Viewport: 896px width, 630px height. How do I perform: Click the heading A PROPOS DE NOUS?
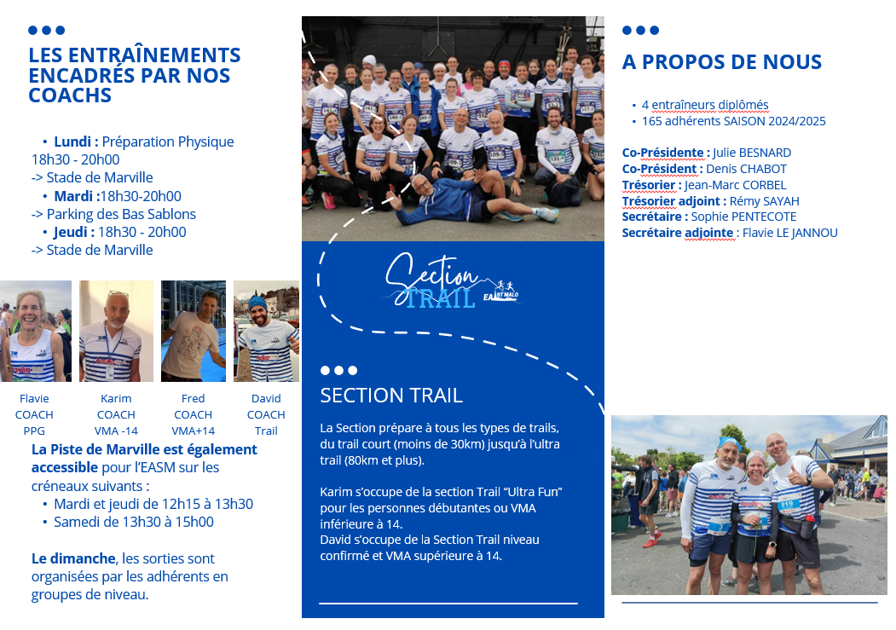click(x=722, y=61)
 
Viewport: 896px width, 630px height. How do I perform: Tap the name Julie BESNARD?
click(x=751, y=153)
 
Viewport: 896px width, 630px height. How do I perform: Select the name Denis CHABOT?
click(x=746, y=169)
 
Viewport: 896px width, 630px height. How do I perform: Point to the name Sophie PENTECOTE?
click(x=743, y=217)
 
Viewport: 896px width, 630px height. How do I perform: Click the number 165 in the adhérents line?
click(x=651, y=121)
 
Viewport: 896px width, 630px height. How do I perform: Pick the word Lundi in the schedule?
click(x=72, y=142)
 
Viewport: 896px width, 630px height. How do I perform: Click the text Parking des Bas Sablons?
click(x=121, y=214)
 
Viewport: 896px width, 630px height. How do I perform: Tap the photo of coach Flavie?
click(x=36, y=331)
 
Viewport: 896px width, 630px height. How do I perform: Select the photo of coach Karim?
click(x=117, y=331)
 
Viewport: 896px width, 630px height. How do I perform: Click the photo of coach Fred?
click(x=194, y=331)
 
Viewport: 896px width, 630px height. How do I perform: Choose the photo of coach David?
click(x=266, y=331)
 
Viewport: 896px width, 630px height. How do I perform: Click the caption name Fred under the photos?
click(x=194, y=398)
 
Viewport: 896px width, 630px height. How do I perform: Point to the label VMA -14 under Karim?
click(x=116, y=431)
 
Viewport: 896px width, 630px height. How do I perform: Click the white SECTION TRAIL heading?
click(x=391, y=396)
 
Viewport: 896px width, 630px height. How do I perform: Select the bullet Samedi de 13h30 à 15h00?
click(x=134, y=522)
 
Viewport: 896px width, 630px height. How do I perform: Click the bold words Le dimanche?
click(x=73, y=558)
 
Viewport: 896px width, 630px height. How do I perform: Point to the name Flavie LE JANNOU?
click(x=790, y=233)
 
